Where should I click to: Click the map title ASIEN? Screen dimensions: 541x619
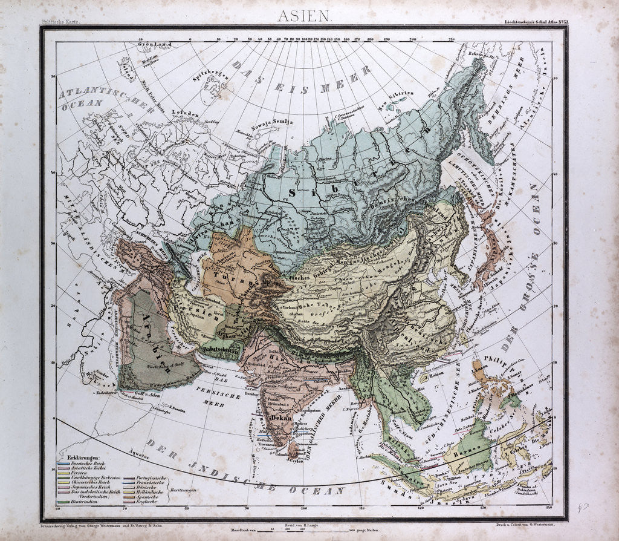pyautogui.click(x=304, y=16)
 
